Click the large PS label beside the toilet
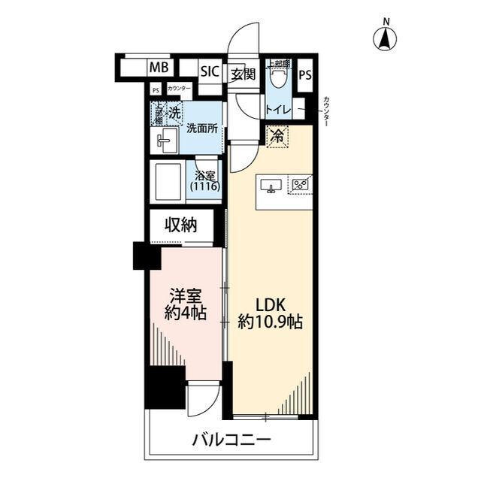304,75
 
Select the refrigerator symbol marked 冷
277,137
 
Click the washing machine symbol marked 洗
174,113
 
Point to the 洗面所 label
202,128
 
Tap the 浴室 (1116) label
206,180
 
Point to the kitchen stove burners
301,184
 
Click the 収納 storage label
181,225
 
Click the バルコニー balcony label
231,440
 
